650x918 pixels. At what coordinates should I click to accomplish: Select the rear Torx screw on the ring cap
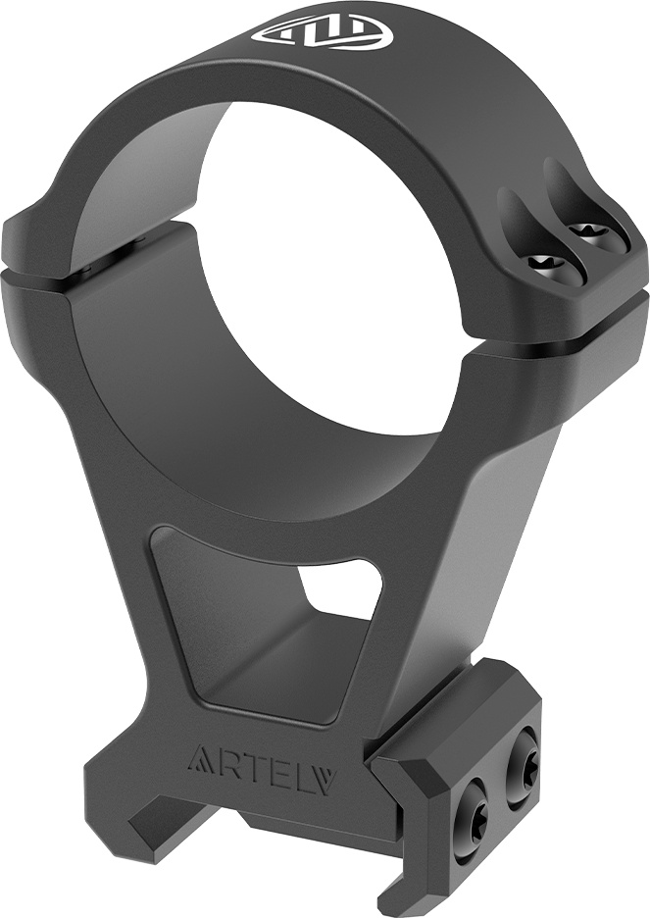click(588, 233)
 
